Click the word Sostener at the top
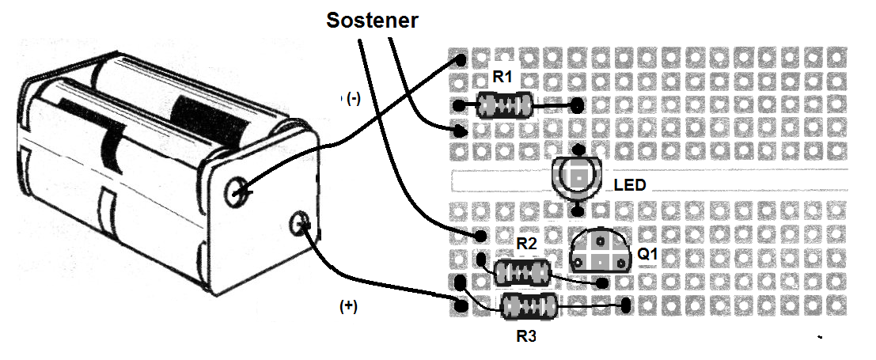pos(372,20)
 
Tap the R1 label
pos(502,78)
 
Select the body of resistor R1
pos(504,105)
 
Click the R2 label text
pos(527,244)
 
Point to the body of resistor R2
pos(522,272)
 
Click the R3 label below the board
pos(527,336)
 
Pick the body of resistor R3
pos(529,306)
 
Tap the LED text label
pos(630,184)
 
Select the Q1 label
pos(647,255)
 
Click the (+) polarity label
pos(348,306)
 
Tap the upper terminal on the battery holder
pos(237,192)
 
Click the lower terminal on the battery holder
pos(299,224)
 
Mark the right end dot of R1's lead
pos(578,104)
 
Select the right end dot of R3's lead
pos(626,305)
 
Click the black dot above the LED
pos(579,150)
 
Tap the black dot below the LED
pos(578,210)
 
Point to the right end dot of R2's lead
pos(602,283)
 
